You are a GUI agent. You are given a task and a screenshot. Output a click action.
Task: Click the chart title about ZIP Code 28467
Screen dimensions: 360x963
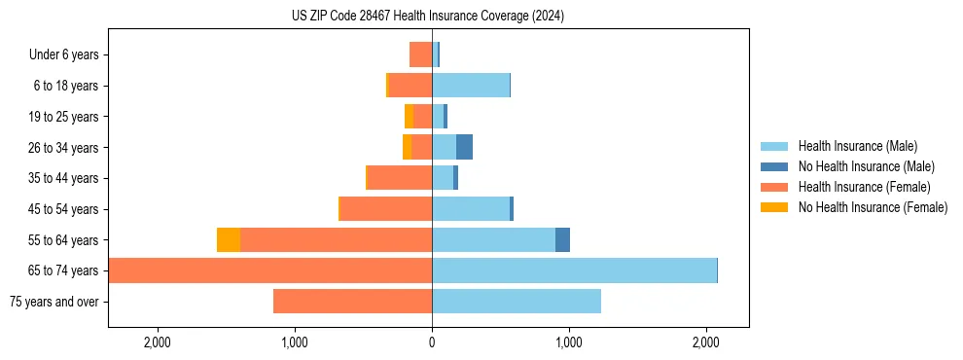427,17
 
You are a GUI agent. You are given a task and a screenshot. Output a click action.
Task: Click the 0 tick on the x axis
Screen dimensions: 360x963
432,342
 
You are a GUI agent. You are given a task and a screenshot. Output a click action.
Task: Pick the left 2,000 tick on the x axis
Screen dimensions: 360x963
158,342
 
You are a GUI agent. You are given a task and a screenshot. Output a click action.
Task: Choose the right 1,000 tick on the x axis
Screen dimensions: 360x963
569,342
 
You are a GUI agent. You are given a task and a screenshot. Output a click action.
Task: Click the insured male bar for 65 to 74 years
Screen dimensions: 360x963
574,270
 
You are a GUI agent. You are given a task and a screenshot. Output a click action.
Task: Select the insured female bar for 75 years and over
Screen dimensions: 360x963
352,302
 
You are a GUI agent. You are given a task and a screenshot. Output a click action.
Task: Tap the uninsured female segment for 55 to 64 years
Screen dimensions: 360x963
229,240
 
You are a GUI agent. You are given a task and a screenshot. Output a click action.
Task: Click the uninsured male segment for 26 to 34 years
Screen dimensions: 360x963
464,147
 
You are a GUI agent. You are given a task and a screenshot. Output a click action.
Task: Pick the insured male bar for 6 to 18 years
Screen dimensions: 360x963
471,86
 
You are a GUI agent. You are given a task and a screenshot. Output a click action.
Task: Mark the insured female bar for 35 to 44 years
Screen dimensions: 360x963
400,178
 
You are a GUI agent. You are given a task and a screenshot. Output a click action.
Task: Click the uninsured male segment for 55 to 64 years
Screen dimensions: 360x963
562,240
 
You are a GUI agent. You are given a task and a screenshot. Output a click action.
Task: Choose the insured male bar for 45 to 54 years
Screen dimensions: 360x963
471,209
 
